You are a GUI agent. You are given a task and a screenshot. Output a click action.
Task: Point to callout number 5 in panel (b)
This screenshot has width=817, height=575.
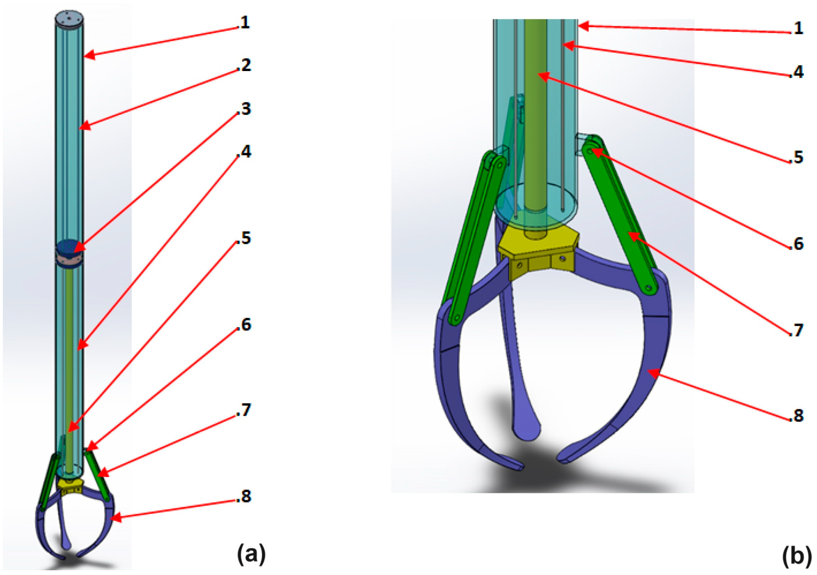797,157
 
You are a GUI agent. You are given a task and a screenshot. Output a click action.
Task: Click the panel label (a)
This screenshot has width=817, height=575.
251,555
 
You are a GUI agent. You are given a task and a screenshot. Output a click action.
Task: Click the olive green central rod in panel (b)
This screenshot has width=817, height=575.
536,128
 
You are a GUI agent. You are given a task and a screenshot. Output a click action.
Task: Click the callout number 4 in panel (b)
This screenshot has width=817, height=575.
797,72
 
